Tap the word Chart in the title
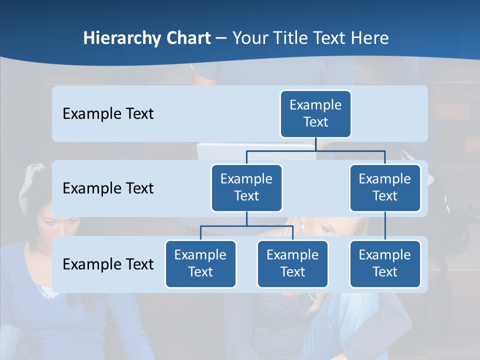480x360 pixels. pyautogui.click(x=187, y=38)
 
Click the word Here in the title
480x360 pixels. pyautogui.click(x=368, y=38)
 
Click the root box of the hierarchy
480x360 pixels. pyautogui.click(x=315, y=113)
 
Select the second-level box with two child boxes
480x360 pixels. pyautogui.click(x=246, y=187)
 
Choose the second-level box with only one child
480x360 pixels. pyautogui.click(x=385, y=187)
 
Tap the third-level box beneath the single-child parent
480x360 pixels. pyautogui.click(x=385, y=263)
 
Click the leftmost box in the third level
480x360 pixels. pyautogui.click(x=200, y=263)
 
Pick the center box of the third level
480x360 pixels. pyautogui.click(x=292, y=263)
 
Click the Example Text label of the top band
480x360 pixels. pyautogui.click(x=108, y=113)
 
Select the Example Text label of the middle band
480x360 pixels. pyautogui.click(x=108, y=188)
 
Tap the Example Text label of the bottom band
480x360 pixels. pyautogui.click(x=108, y=264)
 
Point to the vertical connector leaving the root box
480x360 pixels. pyautogui.click(x=315, y=144)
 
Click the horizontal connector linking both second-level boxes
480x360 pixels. pyautogui.click(x=315, y=150)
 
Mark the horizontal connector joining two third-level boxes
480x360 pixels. pyautogui.click(x=246, y=226)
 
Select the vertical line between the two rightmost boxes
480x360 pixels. pyautogui.click(x=385, y=226)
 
